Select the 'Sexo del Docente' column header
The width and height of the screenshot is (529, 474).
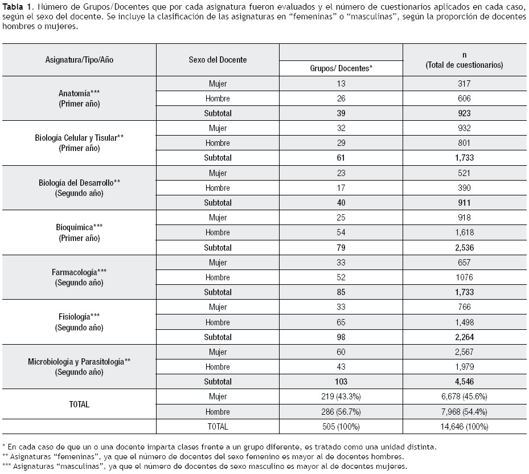click(218, 60)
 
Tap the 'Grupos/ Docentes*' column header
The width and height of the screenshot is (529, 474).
click(341, 68)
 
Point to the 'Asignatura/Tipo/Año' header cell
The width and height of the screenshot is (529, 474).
click(79, 60)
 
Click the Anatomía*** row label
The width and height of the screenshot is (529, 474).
click(79, 93)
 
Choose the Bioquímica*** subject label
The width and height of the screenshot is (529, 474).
click(79, 227)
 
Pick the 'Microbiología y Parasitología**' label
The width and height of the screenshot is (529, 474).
click(79, 361)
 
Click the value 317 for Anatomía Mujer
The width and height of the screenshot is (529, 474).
click(464, 84)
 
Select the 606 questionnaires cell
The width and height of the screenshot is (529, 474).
click(464, 99)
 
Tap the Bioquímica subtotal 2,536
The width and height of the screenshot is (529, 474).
click(464, 248)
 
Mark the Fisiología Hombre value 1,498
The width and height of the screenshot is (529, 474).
click(464, 322)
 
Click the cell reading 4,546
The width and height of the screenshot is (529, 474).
click(464, 382)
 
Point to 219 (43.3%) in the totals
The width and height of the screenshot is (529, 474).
click(341, 397)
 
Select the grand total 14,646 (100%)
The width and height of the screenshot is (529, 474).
click(464, 426)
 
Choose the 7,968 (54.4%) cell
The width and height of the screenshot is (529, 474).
click(464, 411)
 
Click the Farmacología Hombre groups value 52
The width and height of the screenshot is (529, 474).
click(341, 277)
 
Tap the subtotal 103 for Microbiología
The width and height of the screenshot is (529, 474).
click(341, 382)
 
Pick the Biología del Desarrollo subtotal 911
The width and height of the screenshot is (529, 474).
click(464, 203)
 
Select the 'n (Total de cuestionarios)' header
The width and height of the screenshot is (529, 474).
click(464, 60)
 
